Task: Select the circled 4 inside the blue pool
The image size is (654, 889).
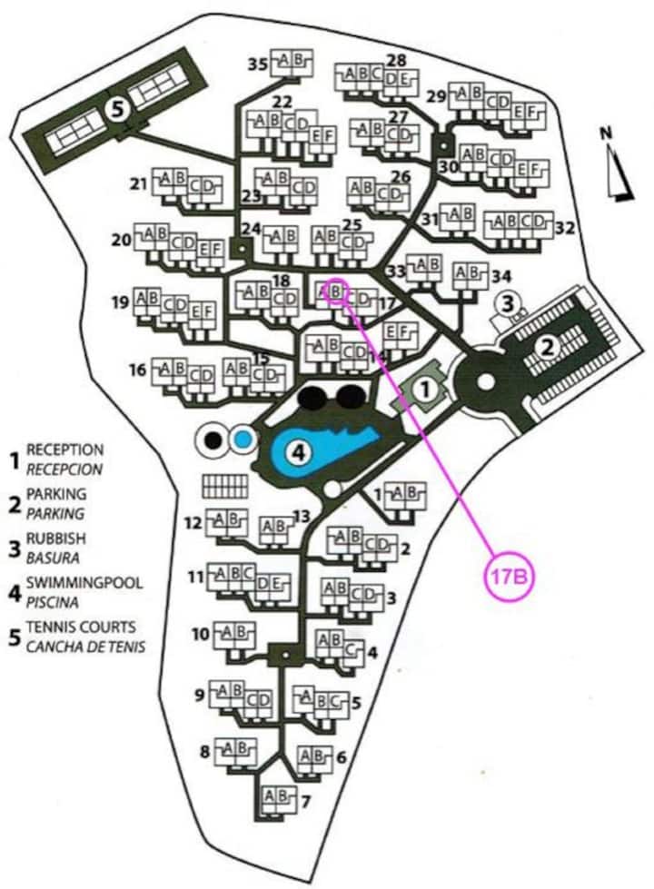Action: [x=299, y=449]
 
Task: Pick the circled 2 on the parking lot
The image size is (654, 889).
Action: [x=547, y=346]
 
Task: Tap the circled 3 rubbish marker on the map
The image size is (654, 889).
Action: [x=509, y=301]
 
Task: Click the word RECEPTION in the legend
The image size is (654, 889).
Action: [x=65, y=449]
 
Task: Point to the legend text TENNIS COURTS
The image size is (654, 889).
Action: [x=81, y=627]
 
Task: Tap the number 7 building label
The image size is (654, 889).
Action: [x=306, y=802]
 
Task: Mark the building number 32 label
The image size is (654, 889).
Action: [x=564, y=226]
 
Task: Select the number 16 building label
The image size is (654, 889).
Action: [x=138, y=370]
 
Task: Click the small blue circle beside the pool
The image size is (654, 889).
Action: [x=241, y=440]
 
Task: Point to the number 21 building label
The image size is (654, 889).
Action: [x=138, y=184]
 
